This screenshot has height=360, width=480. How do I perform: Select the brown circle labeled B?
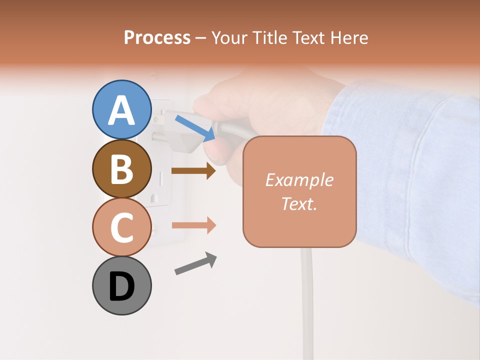coord(121,168)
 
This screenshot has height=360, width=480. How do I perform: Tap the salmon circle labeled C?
coord(121,227)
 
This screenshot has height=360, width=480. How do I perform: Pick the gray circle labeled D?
coord(121,285)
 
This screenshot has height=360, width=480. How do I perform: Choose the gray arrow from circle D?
coord(195,263)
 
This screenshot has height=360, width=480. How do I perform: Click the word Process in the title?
coord(157,37)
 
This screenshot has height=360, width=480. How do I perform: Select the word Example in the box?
coord(299,180)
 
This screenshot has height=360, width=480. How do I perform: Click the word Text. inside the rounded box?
coord(299,203)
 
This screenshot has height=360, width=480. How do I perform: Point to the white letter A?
coord(121,110)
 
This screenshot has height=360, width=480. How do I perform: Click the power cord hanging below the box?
coord(307,300)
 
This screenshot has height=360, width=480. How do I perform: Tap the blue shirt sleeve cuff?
coord(350,115)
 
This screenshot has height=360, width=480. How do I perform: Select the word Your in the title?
coord(229,37)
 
